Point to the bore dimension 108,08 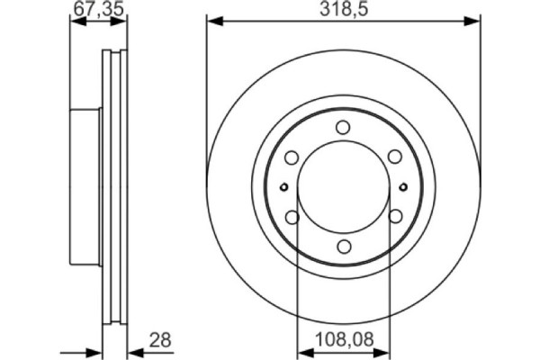(x=343, y=340)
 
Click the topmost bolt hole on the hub (x=343, y=128)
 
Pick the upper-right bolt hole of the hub (x=394, y=157)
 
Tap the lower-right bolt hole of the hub (x=394, y=217)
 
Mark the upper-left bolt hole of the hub (x=292, y=157)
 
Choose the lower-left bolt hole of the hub (x=292, y=217)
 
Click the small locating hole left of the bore (x=283, y=187)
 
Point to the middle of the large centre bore (x=343, y=187)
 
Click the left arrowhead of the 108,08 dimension (x=302, y=353)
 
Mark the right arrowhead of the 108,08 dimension (x=383, y=353)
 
